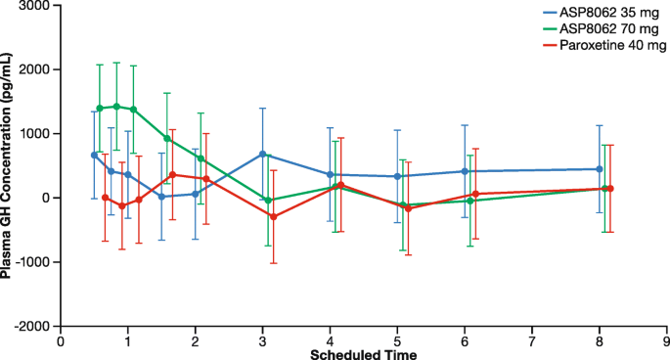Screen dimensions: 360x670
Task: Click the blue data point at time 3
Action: (x=262, y=155)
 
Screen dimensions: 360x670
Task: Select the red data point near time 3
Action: (x=274, y=216)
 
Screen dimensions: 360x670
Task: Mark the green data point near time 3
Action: (x=268, y=200)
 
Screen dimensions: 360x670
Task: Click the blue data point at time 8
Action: (x=599, y=169)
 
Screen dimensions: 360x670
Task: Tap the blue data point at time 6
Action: (x=465, y=171)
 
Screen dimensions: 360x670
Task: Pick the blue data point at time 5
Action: (x=397, y=176)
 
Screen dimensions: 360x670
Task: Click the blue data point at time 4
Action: (x=330, y=174)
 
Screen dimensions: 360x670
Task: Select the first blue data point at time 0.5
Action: (x=94, y=155)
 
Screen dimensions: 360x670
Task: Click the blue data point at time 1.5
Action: (x=161, y=197)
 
